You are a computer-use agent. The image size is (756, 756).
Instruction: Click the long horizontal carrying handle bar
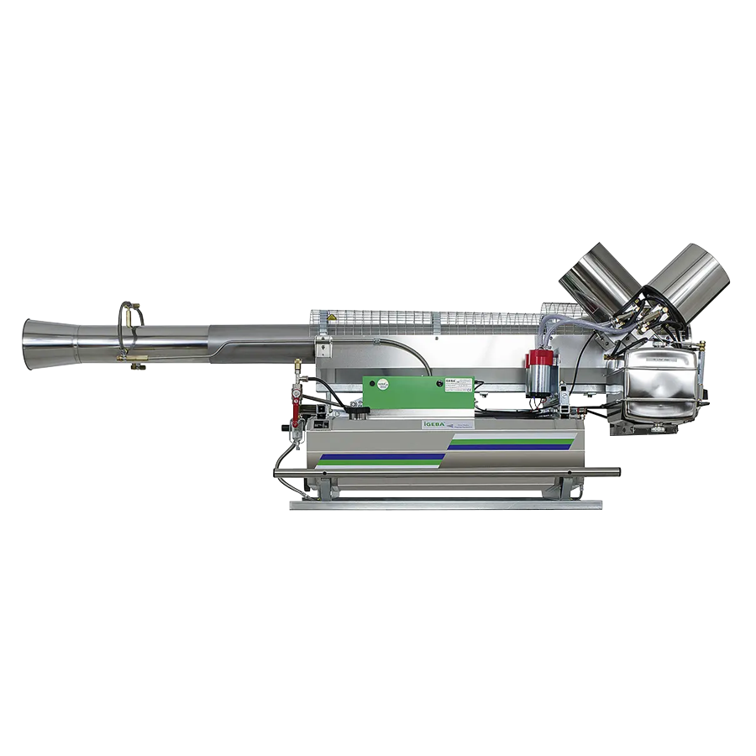(x=445, y=472)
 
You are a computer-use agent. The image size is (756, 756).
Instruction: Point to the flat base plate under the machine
(x=445, y=505)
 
